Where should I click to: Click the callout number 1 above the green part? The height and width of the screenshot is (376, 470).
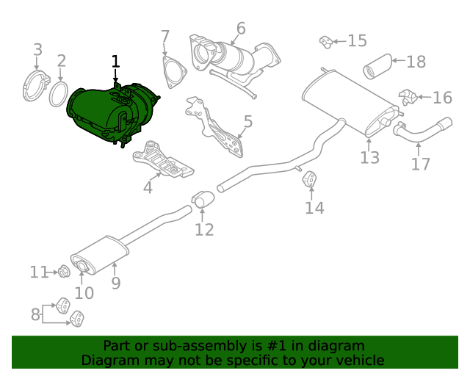(x=115, y=62)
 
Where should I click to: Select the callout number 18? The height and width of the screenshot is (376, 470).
(x=416, y=62)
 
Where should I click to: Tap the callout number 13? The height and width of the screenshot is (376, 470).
(x=369, y=157)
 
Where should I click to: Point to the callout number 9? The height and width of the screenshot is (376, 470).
(x=115, y=283)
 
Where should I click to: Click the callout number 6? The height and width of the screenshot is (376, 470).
(x=240, y=29)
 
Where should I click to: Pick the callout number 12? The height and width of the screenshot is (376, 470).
(x=204, y=229)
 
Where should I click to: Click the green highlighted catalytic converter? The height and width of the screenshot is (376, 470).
(x=110, y=114)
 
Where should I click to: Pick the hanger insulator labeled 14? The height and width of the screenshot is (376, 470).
(x=311, y=179)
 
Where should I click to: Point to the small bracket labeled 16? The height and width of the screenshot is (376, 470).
(x=408, y=96)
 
